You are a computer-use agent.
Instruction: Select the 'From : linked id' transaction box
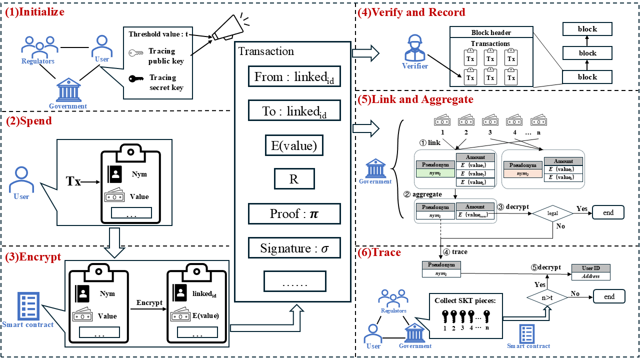(294, 77)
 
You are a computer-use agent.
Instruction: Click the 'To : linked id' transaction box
(294, 111)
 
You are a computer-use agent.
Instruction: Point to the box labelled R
(294, 179)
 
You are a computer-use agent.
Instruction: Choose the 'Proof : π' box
(294, 214)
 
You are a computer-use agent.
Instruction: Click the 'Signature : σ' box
(294, 248)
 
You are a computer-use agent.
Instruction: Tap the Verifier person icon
(415, 49)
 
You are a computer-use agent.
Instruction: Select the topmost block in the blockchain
(587, 29)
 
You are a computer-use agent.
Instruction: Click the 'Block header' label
(491, 32)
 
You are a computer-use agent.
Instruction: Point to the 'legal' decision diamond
(552, 213)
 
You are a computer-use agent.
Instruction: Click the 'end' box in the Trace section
(609, 296)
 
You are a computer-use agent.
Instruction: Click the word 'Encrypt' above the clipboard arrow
(149, 302)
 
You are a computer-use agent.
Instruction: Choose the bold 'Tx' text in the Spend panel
(74, 181)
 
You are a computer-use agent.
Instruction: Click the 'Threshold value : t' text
(158, 34)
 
